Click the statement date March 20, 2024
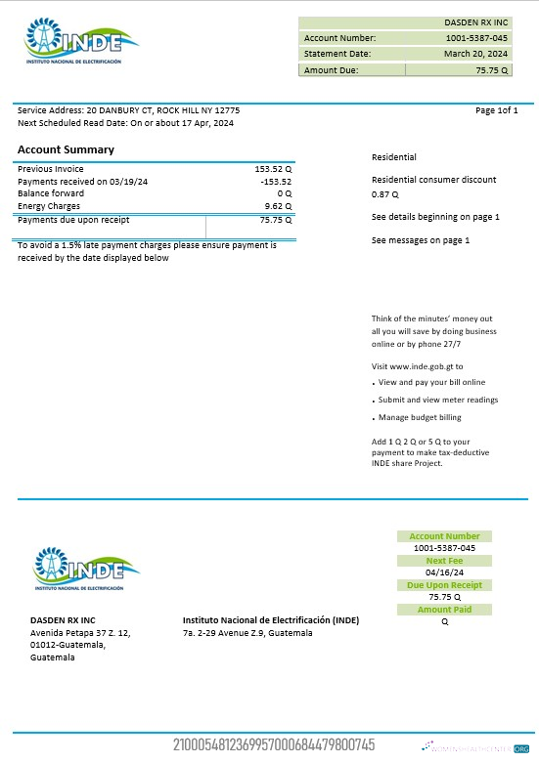(476, 54)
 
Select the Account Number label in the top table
(339, 38)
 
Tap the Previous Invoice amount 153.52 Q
(274, 169)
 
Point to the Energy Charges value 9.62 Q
(279, 206)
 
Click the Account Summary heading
(66, 149)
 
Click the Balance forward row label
(51, 193)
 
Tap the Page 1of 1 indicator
(496, 110)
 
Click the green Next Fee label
(444, 561)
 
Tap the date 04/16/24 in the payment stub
(444, 572)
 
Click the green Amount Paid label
(444, 610)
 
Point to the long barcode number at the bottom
(273, 745)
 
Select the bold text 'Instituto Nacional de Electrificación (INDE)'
(271, 620)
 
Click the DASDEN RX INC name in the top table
(476, 21)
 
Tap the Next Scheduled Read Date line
(125, 123)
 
